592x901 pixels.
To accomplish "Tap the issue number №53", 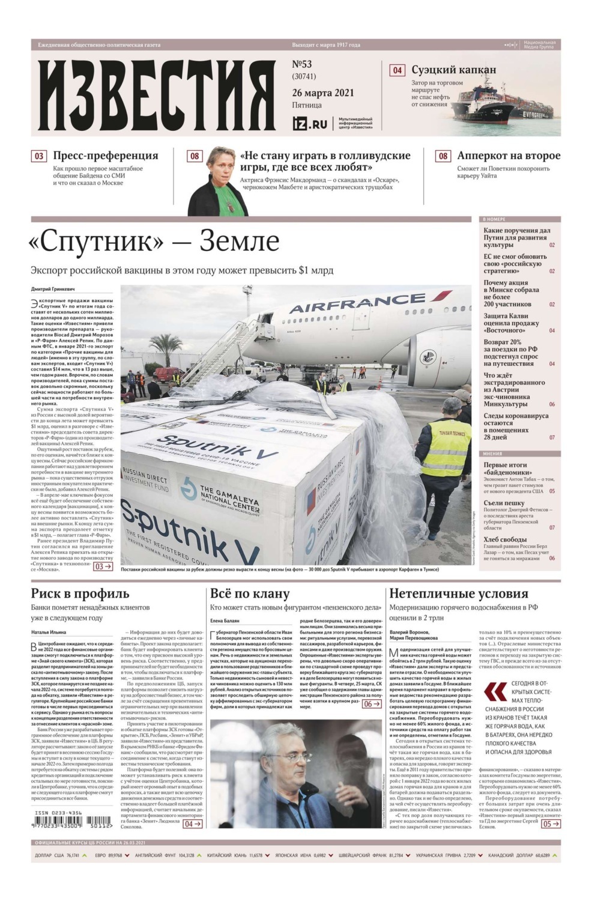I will [x=302, y=64].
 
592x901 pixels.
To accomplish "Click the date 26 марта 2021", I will [x=323, y=93].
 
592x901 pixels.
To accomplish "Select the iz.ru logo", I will [x=310, y=124].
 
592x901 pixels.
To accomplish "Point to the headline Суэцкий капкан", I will [x=453, y=70].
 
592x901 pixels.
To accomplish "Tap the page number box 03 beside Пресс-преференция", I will [x=39, y=156].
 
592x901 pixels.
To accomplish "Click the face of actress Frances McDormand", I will [x=220, y=165].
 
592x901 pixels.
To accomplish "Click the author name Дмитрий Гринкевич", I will [x=54, y=290].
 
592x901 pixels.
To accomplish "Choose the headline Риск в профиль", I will [x=80, y=593].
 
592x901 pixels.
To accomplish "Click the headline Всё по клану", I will [x=250, y=593].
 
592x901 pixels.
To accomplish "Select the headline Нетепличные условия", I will [x=459, y=593].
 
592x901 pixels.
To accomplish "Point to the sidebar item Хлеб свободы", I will [x=505, y=539].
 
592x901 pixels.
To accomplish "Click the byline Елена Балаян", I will [x=225, y=620].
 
